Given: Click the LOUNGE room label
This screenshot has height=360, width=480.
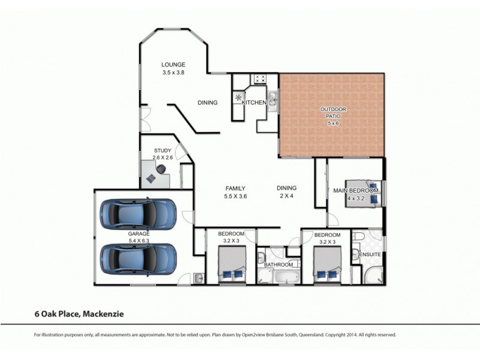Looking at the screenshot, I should (x=173, y=64).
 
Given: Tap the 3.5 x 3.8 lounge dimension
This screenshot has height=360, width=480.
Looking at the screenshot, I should (x=173, y=72).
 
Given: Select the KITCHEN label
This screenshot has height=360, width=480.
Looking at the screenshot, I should (x=254, y=103).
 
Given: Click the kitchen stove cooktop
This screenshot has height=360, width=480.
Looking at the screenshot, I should (x=261, y=79).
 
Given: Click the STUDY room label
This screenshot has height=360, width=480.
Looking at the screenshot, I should (x=163, y=151).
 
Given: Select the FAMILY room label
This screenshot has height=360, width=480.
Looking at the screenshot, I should (x=235, y=188).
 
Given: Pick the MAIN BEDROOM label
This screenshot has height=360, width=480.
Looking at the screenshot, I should (x=356, y=191).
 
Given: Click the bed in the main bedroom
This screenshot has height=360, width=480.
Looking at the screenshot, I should (x=364, y=193).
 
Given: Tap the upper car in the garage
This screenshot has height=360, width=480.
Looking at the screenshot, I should (x=139, y=214).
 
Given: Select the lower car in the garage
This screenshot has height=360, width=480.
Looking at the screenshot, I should (x=139, y=258).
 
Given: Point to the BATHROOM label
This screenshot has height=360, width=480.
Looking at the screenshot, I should (x=279, y=265).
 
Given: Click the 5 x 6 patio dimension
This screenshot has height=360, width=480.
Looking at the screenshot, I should (x=333, y=124).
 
